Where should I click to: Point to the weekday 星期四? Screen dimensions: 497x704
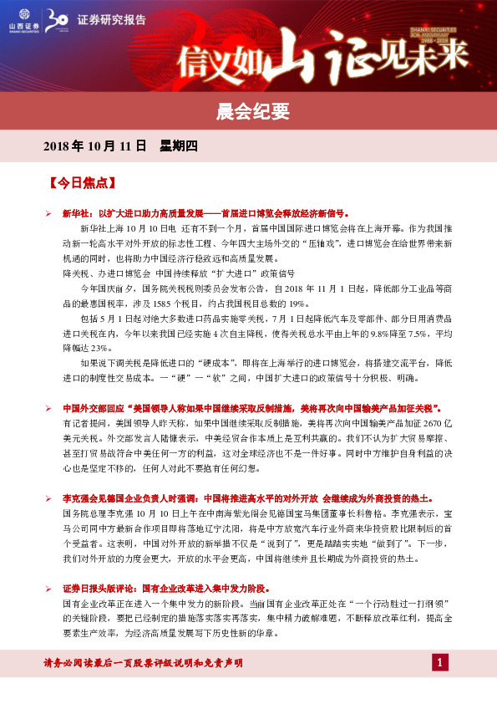pyautogui.click(x=179, y=146)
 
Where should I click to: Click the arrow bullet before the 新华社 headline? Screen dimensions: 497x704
pyautogui.click(x=48, y=213)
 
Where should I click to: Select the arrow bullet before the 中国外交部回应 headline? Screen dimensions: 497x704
pyautogui.click(x=48, y=408)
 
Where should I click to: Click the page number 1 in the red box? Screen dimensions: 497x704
pyautogui.click(x=440, y=663)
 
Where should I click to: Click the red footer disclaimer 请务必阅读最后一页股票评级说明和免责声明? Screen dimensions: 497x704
pyautogui.click(x=142, y=663)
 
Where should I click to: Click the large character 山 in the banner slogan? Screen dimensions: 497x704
pyautogui.click(x=304, y=57)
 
